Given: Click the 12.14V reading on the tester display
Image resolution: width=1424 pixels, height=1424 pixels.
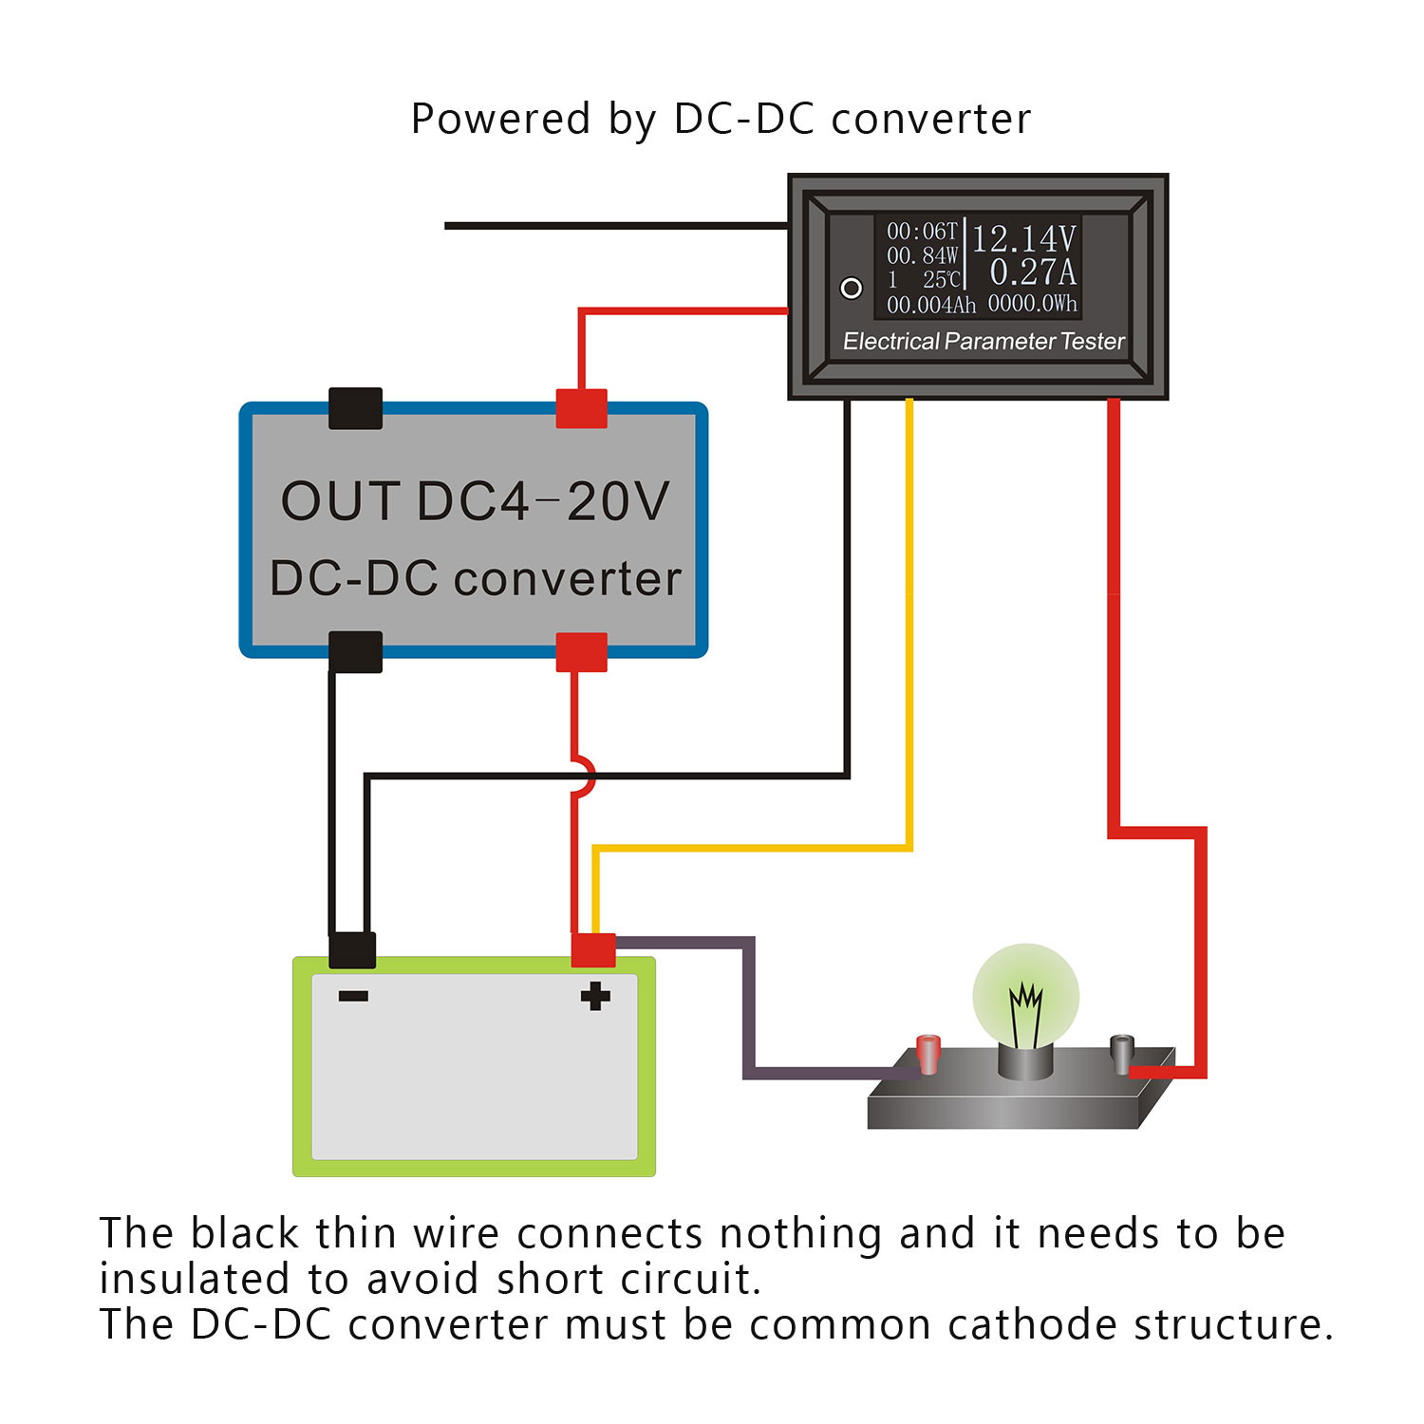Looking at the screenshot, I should click(1023, 238).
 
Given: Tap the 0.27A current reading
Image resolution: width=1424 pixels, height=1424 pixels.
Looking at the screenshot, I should click(1033, 272).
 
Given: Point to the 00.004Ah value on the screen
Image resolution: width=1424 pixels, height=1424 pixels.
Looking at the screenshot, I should click(930, 306).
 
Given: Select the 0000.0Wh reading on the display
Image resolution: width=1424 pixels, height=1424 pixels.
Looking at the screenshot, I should click(1032, 304).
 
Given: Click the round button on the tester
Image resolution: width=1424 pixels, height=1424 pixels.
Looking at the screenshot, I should click(852, 288).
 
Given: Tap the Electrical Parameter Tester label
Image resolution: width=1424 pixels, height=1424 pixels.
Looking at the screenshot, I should click(983, 342).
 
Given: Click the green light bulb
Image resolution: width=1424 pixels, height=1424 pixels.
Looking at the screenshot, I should click(1025, 997).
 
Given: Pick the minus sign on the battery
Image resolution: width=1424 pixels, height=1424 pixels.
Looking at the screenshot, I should click(353, 996).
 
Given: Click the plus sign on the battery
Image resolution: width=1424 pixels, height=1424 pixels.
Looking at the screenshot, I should click(595, 997).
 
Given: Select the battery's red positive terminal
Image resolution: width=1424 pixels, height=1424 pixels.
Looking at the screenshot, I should click(593, 950).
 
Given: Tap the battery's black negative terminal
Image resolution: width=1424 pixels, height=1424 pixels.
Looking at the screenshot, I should click(352, 950).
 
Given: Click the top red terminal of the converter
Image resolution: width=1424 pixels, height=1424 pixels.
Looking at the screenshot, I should click(581, 408).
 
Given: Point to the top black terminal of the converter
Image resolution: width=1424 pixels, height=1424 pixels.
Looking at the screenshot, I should click(355, 408).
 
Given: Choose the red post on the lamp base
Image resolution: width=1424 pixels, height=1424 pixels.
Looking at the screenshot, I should click(927, 1054).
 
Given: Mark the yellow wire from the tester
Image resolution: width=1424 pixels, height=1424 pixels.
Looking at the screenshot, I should click(909, 617).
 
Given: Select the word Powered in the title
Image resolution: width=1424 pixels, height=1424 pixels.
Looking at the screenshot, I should click(500, 121).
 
